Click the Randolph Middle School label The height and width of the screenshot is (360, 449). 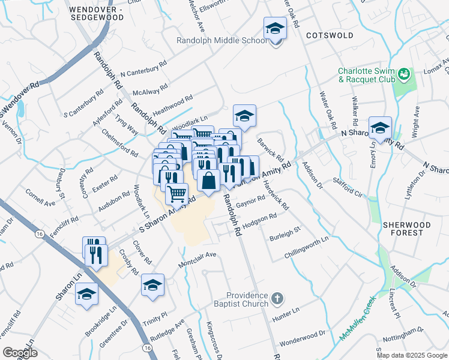[x=221, y=41]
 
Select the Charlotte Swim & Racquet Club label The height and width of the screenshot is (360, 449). [x=366, y=75]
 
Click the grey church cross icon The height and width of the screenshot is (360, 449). [x=277, y=298]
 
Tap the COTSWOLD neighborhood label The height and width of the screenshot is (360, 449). [x=330, y=35]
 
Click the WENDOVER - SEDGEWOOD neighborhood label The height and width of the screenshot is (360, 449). [x=96, y=14]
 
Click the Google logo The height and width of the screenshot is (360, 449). [x=20, y=353]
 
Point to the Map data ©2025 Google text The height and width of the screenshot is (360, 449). [x=412, y=355]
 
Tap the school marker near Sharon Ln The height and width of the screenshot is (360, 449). [x=87, y=295]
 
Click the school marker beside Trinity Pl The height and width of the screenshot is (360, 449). [x=152, y=285]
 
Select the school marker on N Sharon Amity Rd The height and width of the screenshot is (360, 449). [x=380, y=128]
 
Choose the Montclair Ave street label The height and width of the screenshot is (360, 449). [x=196, y=260]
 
